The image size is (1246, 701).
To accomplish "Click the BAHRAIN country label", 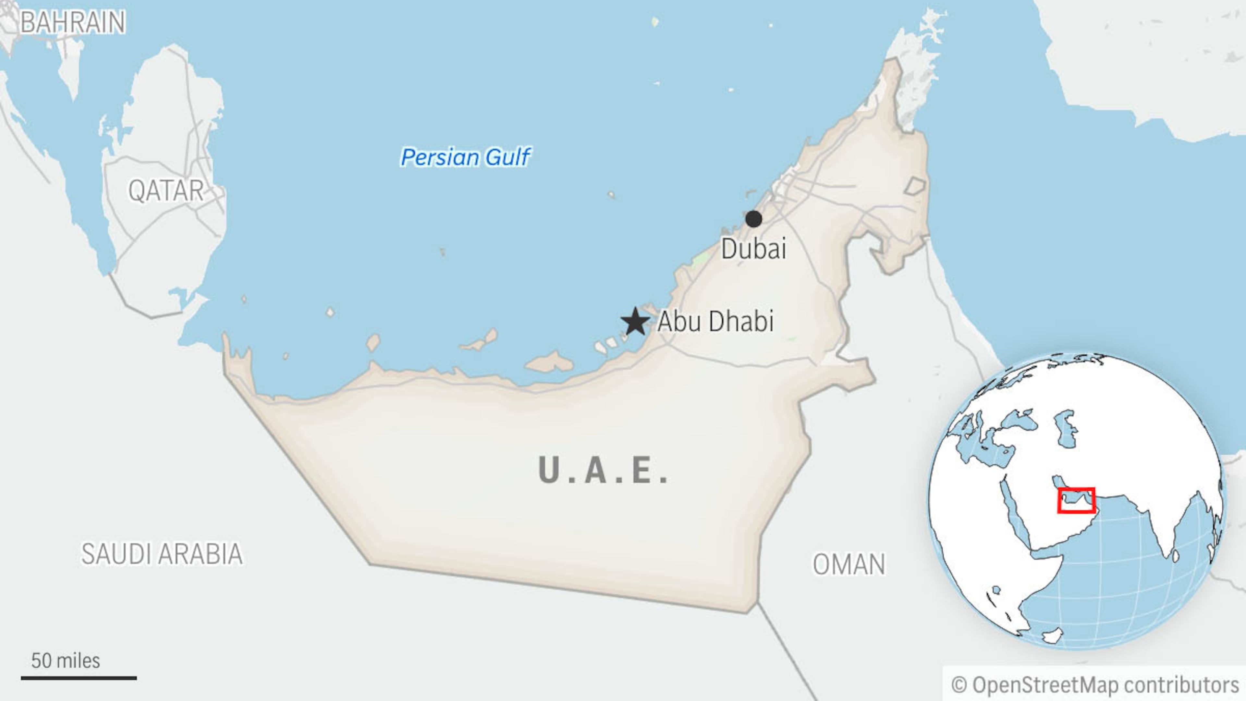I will (73, 22).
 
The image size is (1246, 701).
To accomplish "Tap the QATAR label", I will (166, 190).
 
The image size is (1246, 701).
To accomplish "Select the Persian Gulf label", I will (465, 157).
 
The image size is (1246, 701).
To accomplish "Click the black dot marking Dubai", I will (753, 219).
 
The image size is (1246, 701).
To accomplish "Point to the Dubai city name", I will (753, 249).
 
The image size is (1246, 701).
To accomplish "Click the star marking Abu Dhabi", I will (635, 322).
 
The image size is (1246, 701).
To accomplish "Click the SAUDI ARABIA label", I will (162, 554).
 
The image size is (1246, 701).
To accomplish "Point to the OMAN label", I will (849, 564).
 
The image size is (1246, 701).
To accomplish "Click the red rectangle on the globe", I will (1076, 500).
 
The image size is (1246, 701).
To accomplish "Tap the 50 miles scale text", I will (65, 660).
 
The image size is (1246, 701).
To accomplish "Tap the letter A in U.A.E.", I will (595, 470).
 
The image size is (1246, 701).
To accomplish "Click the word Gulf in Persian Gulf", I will (508, 157).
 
